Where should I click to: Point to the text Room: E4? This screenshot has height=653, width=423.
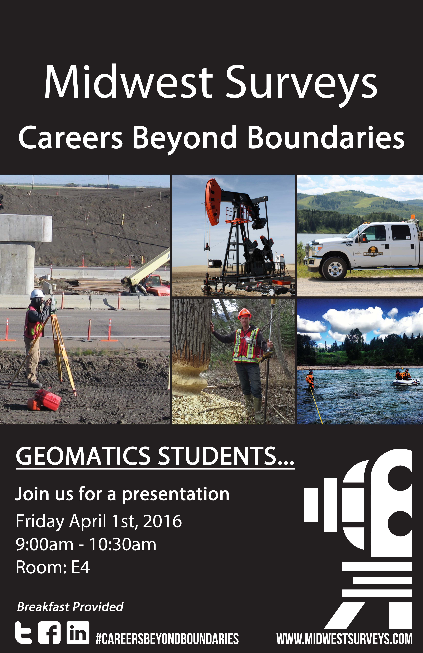53,567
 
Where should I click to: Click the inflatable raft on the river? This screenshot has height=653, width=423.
406,382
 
